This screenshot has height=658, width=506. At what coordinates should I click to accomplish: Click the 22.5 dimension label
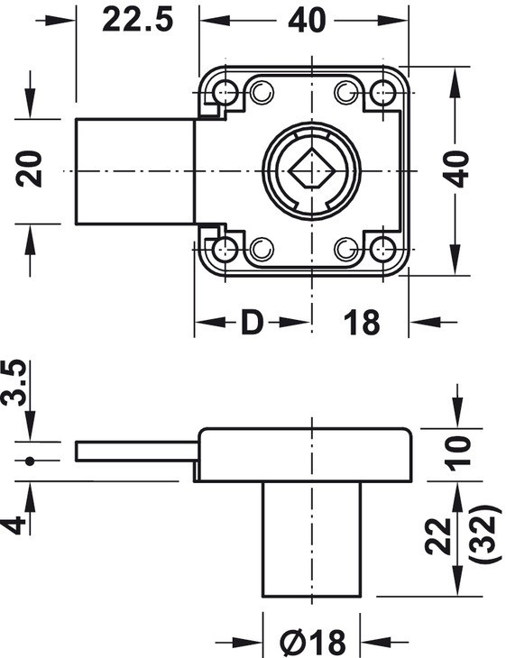point(137,20)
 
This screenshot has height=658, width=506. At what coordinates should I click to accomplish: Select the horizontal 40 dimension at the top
point(307,20)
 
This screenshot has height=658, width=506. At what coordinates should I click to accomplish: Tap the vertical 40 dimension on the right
point(456,169)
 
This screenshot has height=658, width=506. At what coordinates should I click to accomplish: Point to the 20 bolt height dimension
point(29,169)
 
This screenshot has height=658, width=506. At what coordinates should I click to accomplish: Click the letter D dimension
point(252,323)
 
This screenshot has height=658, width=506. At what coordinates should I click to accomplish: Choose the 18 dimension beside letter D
point(362,323)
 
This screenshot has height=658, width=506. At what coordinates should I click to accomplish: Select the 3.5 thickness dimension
point(14,382)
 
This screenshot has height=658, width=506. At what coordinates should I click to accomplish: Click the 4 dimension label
point(13,525)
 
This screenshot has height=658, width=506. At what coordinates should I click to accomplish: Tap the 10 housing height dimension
point(456,453)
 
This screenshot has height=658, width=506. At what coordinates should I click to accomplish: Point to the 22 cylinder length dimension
point(438,536)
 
